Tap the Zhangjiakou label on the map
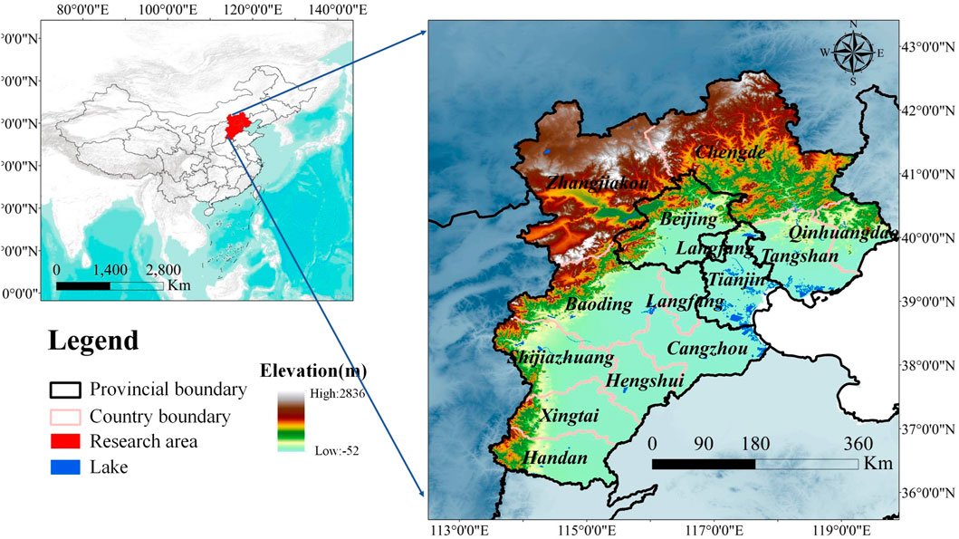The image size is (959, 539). (598, 184)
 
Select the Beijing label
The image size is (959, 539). (688, 219)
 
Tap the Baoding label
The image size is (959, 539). (599, 305)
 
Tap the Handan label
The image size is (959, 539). (555, 458)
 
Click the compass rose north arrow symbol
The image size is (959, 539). (853, 53)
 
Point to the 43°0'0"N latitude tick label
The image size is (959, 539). (929, 45)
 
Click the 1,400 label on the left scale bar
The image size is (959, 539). (110, 270)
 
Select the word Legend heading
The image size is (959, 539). (92, 342)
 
